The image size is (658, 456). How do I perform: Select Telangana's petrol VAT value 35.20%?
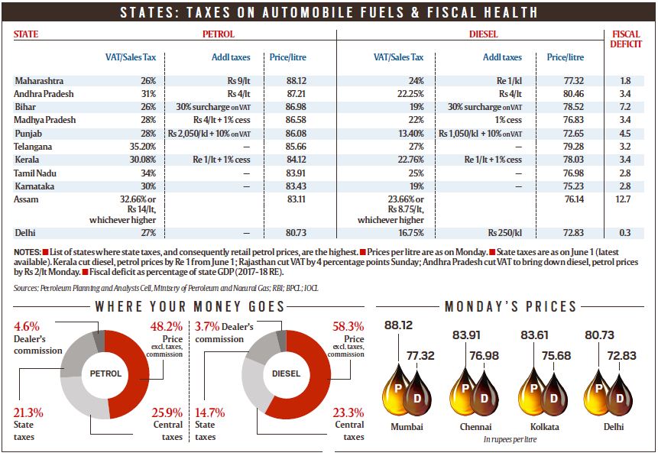pos(141,145)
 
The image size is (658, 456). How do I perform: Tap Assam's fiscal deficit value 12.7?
pos(625,199)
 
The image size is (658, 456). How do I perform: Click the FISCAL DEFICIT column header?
pos(626,39)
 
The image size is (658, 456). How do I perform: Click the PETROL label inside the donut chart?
pos(105,374)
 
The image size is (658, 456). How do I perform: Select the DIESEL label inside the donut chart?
pos(287,374)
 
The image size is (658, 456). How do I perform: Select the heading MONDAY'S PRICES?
pos(511,306)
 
